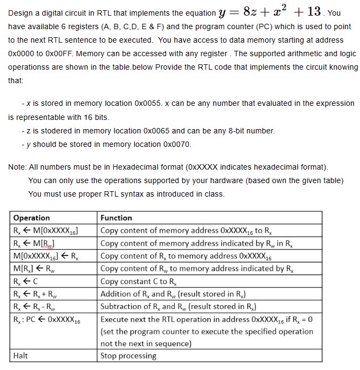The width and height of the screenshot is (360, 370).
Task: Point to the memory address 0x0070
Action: [177, 144]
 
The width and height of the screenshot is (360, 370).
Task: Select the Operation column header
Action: [31, 218]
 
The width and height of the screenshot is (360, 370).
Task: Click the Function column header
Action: [116, 218]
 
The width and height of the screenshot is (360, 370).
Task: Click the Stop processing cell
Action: [128, 355]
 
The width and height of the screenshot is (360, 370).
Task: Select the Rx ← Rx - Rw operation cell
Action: [36, 307]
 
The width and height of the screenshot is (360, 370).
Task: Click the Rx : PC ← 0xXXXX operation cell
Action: [46, 320]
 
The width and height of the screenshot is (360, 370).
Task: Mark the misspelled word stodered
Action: [54, 131]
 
